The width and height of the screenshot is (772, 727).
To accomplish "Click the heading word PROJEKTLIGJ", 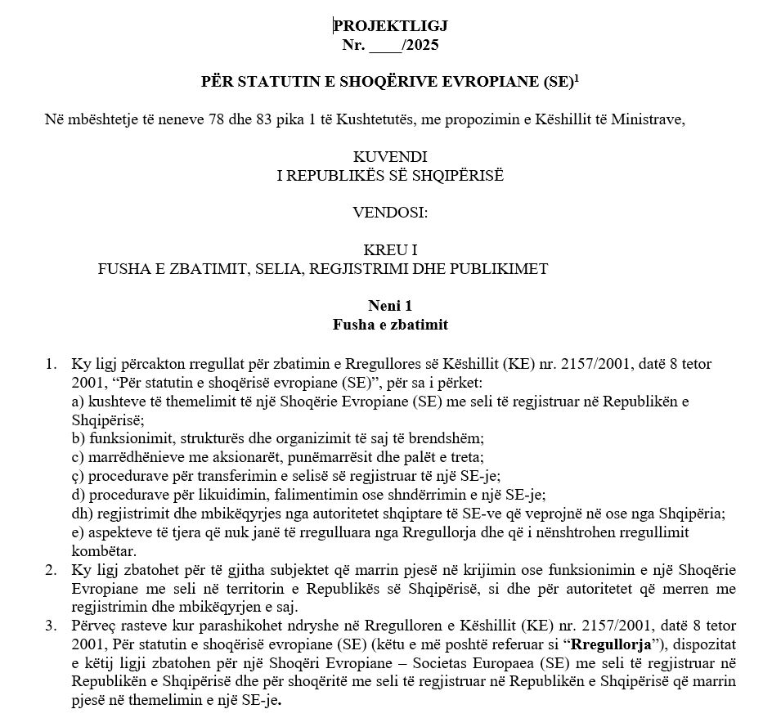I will pos(390,27).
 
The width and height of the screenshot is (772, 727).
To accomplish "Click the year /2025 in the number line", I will pos(420,45).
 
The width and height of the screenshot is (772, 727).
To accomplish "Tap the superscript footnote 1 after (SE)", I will pos(576,78).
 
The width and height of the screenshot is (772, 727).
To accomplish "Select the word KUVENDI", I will pos(390,156).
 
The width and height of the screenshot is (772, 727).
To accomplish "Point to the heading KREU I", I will pos(390,249).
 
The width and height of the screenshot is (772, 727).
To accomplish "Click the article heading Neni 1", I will pos(390,307).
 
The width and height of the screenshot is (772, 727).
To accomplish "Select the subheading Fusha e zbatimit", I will pos(390,325).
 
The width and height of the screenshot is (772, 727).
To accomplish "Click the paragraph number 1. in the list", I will pos(50,363).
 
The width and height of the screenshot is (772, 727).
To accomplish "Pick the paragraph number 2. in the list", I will pos(50,568).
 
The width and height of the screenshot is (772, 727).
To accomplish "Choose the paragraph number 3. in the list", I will pos(50,627).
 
